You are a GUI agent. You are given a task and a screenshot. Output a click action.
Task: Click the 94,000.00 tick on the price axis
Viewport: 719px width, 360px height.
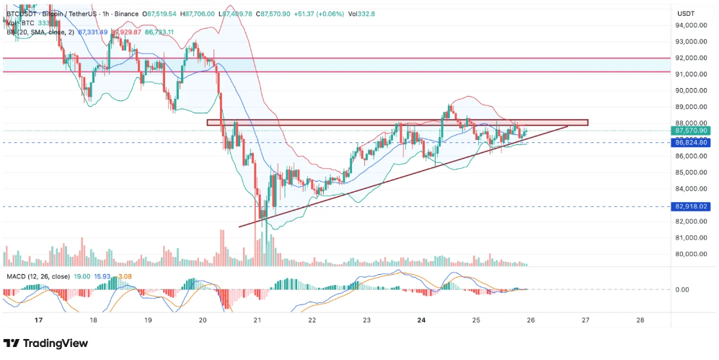(x=690, y=25)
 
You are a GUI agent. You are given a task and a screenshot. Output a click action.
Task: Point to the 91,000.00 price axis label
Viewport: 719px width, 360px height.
(x=690, y=74)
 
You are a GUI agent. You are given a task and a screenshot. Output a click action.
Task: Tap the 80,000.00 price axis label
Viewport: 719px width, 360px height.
(x=690, y=254)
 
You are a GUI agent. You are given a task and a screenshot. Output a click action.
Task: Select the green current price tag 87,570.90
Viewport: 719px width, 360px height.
(x=691, y=131)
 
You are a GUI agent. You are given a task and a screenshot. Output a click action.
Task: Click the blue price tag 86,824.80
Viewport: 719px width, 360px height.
(x=691, y=143)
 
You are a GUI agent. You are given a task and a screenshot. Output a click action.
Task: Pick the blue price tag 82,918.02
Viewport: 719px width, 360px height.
(x=691, y=206)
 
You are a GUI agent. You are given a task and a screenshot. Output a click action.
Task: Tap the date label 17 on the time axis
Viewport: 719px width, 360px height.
(x=38, y=320)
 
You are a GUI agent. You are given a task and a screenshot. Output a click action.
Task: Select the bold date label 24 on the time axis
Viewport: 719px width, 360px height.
(x=422, y=320)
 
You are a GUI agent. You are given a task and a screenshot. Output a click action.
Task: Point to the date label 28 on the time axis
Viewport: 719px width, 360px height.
(x=640, y=320)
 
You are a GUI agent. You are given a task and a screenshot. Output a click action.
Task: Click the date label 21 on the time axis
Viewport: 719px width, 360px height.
(x=257, y=320)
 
